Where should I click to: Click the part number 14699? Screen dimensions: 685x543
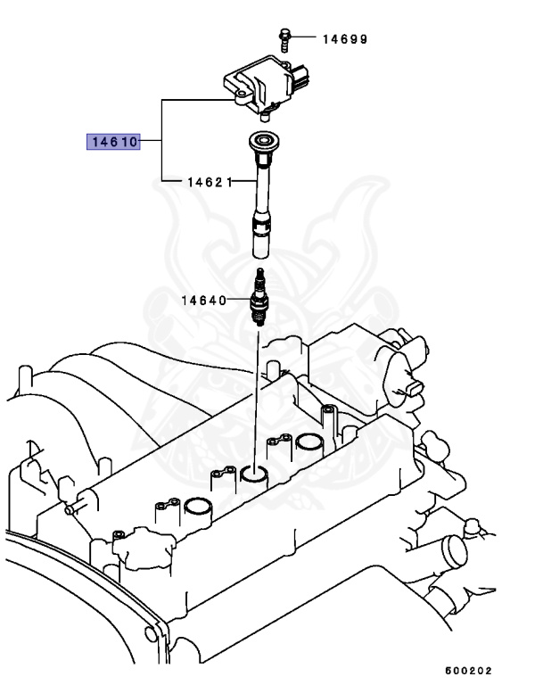345,38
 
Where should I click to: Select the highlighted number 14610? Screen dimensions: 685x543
112,141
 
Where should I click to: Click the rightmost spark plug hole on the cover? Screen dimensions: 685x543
309,442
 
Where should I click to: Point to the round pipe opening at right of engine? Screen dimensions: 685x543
460,548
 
